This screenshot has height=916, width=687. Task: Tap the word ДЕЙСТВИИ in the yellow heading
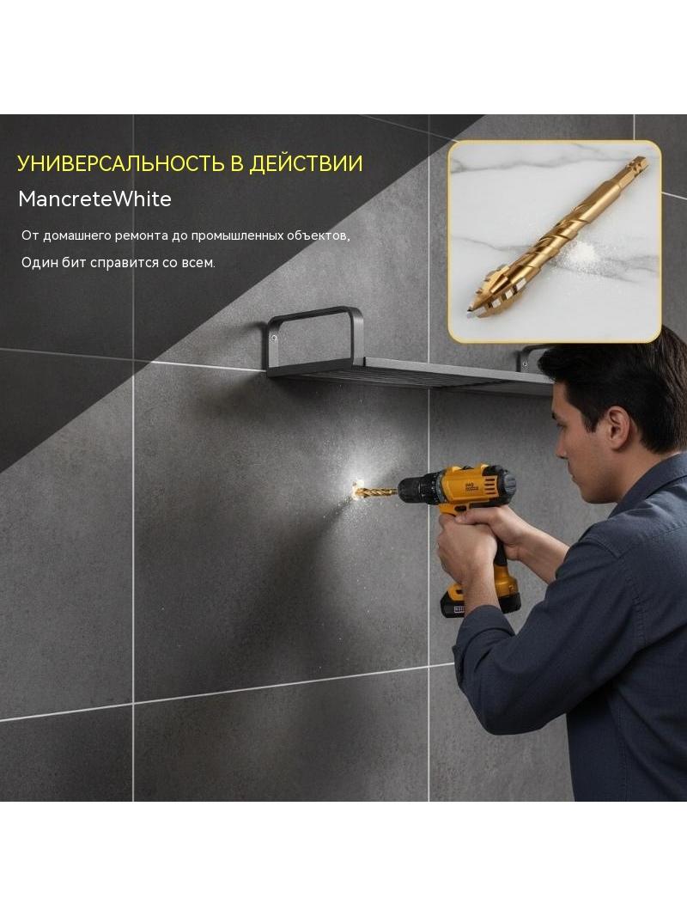[306, 163]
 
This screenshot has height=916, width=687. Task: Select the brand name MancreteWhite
[94, 199]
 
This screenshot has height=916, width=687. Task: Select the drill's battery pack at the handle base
[480, 602]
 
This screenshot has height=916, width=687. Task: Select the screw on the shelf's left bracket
[274, 337]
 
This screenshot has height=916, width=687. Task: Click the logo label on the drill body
[471, 485]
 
